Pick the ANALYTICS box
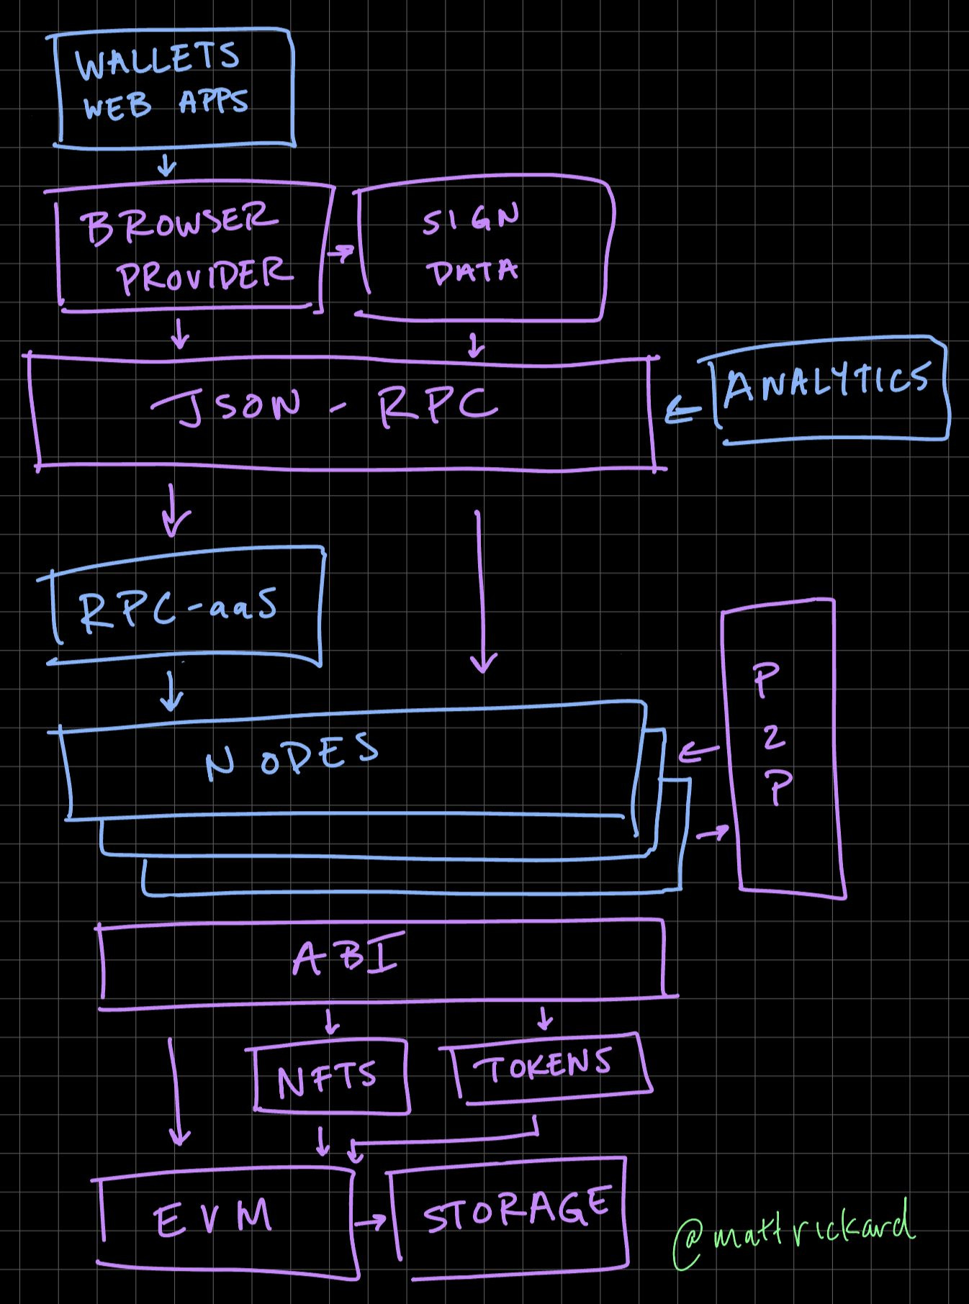[x=828, y=388]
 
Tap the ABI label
[x=346, y=957]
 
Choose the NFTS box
[x=328, y=1075]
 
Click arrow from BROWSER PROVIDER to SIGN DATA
[x=341, y=253]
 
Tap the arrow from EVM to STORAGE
[x=371, y=1222]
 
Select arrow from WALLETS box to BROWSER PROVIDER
[x=167, y=167]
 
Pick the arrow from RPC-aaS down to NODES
[x=171, y=691]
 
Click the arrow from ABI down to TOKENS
[x=545, y=1018]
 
